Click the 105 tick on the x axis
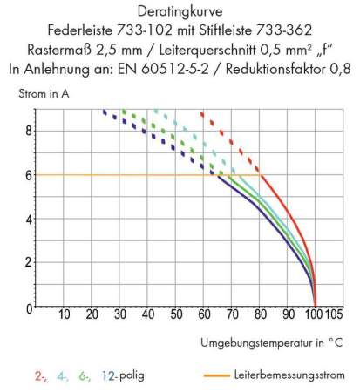click(334, 315)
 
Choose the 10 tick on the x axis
click(63, 315)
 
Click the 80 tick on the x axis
click(259, 315)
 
